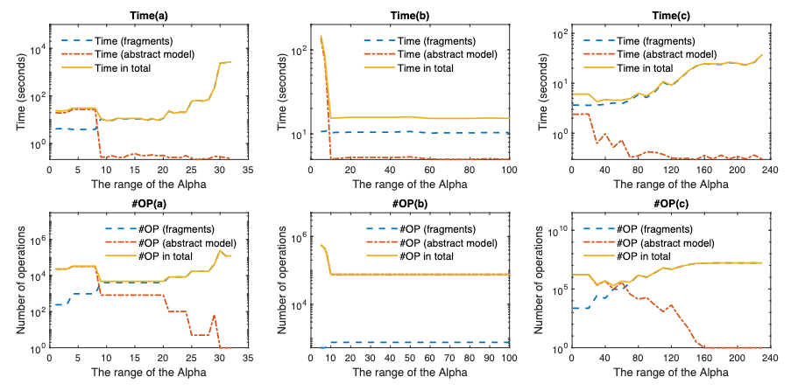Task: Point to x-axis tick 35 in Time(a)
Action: tap(248, 171)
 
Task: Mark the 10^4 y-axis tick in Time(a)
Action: tap(39, 49)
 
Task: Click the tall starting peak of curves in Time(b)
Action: tap(321, 37)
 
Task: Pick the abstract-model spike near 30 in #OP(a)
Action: tap(214, 315)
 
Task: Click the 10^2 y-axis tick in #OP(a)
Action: tap(39, 312)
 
